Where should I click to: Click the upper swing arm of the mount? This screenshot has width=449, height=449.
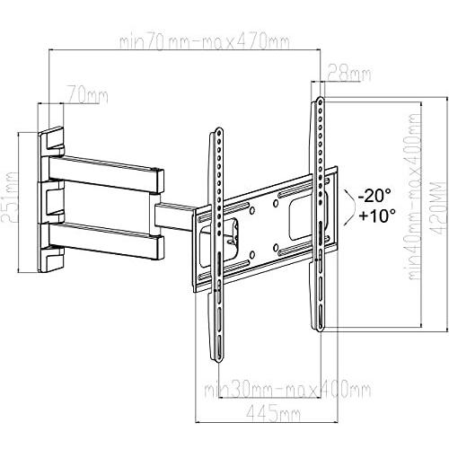[x=107, y=169]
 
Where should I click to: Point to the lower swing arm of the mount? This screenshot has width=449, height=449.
[x=107, y=239]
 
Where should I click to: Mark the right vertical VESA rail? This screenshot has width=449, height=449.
[x=317, y=216]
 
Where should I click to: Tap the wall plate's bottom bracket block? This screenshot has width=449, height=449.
[x=51, y=258]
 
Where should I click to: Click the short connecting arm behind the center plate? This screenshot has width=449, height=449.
[x=176, y=218]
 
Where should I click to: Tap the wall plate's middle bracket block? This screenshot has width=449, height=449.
[x=51, y=199]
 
